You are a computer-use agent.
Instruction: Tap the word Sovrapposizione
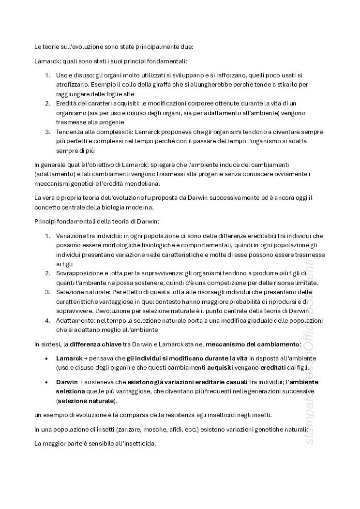coord(79,273)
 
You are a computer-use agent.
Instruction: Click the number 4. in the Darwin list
coord(47,320)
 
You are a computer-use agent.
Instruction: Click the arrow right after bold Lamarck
coord(85,358)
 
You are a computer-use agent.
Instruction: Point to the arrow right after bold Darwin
coord(81,382)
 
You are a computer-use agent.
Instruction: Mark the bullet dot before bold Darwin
coord(46,382)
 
